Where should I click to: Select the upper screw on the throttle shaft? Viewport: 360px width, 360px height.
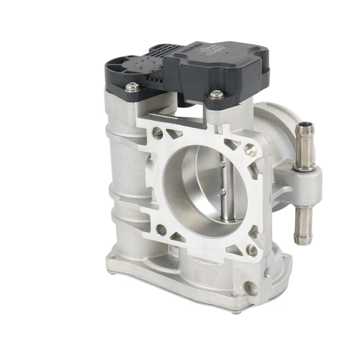pos(223,162)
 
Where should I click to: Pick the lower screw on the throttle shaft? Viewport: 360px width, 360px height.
pos(223,191)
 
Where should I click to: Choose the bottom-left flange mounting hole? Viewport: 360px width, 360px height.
pos(161,230)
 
